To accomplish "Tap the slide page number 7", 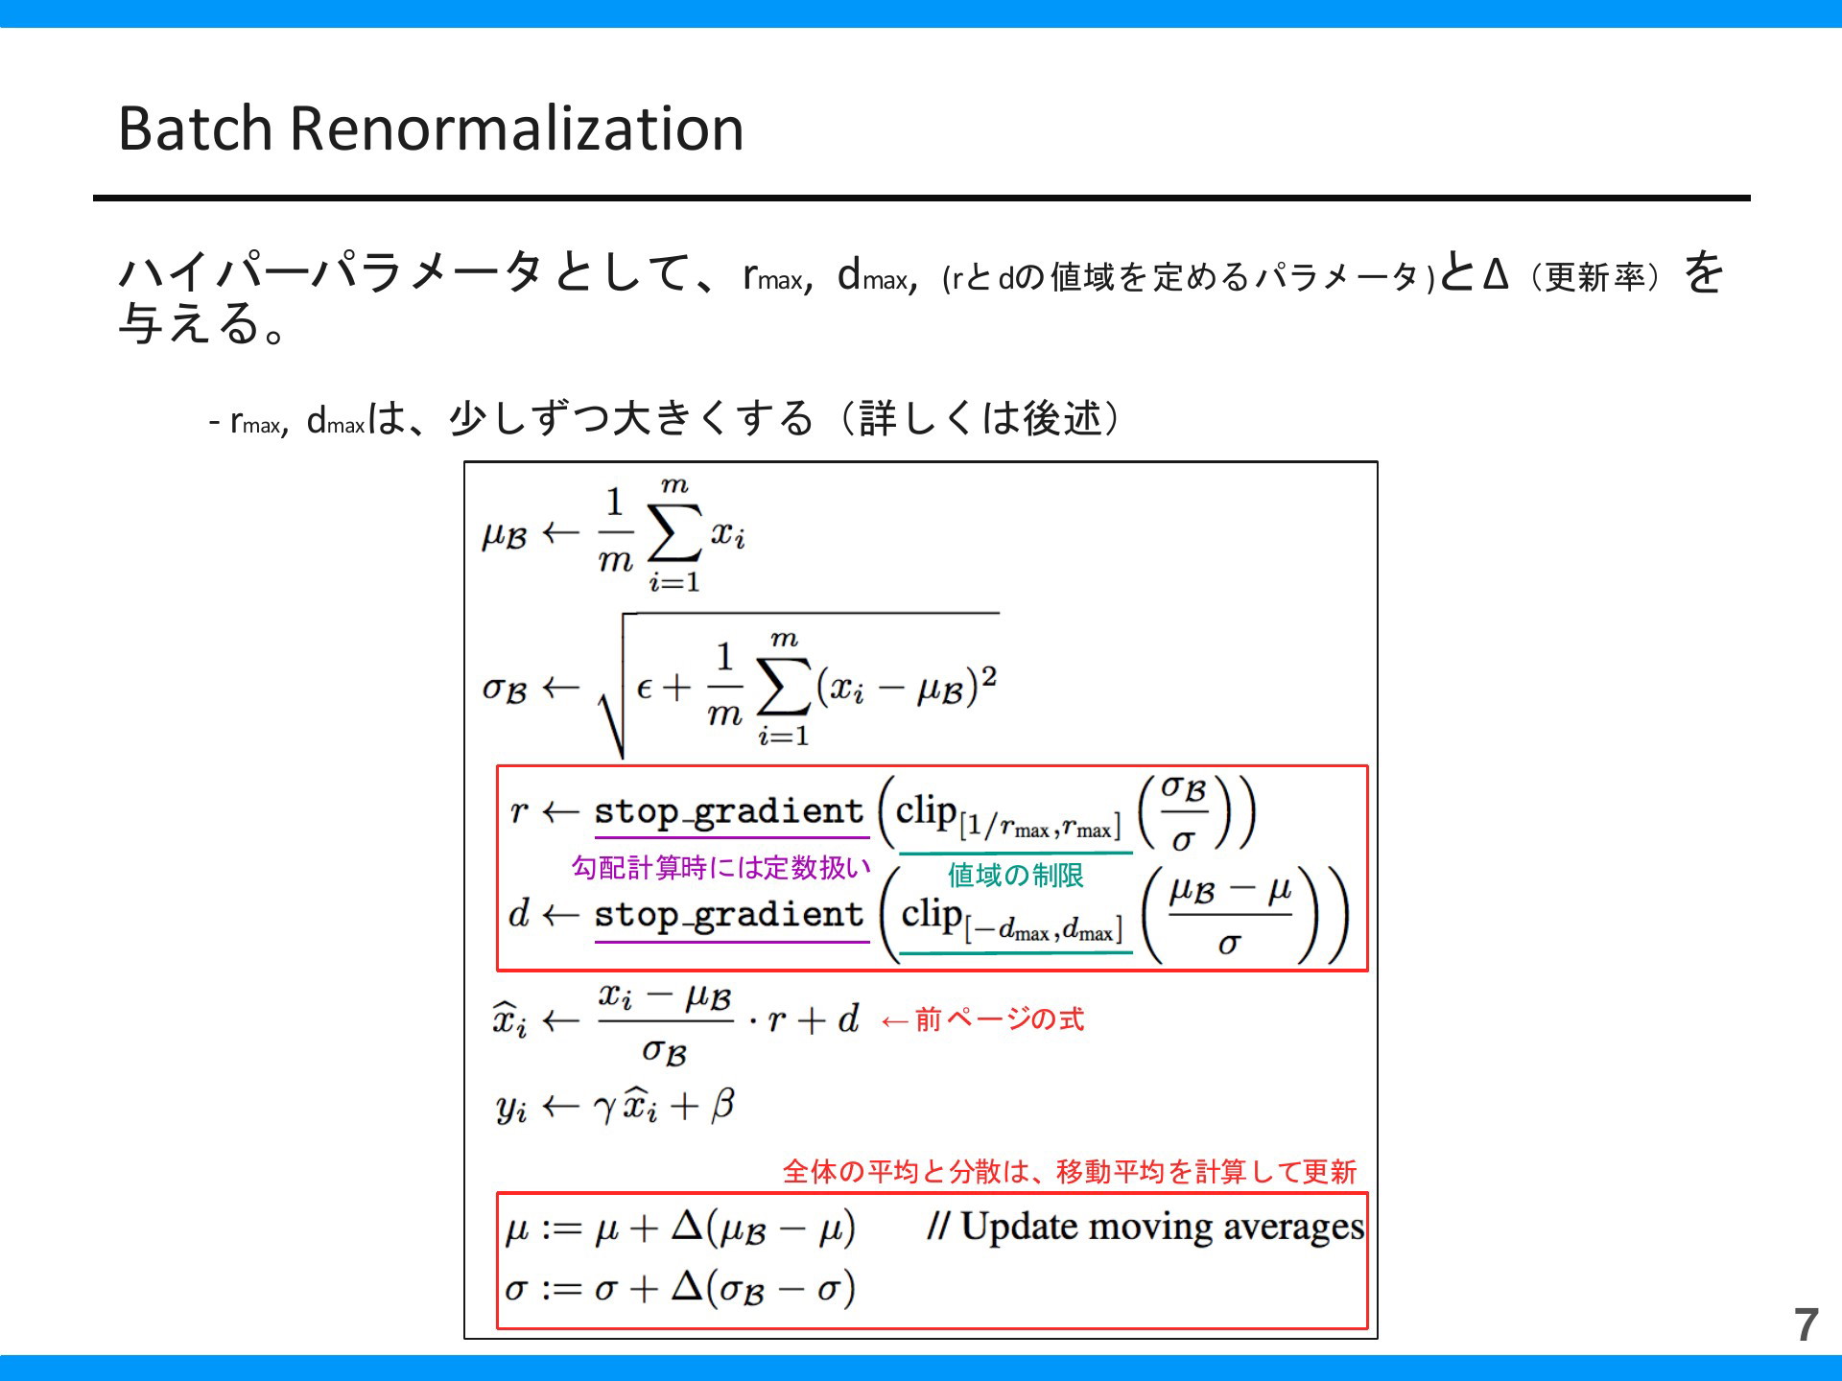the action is pos(1807,1324).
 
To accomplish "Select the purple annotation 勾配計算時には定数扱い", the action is pos(720,868).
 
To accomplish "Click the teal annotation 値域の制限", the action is pos(1016,875).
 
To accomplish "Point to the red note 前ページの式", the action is pos(1000,1018).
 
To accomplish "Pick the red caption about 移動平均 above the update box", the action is pos(1070,1171).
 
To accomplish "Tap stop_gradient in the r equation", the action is pos(729,812).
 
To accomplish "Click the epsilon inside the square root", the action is pos(644,688).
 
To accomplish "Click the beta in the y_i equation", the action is pos(722,1105).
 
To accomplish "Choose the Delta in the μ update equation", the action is pos(687,1227).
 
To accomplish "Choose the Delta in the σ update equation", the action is pos(687,1286).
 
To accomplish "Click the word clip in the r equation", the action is pos(926,812).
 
